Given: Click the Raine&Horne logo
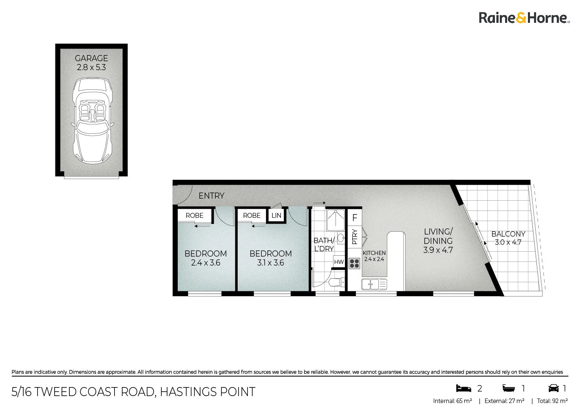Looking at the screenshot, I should pyautogui.click(x=524, y=18).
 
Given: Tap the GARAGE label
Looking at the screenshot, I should pyautogui.click(x=91, y=58).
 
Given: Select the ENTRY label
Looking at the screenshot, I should pyautogui.click(x=211, y=196).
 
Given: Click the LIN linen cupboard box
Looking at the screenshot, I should pyautogui.click(x=276, y=215).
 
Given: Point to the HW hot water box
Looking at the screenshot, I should pyautogui.click(x=339, y=262).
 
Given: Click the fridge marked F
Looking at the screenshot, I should pyautogui.click(x=355, y=218).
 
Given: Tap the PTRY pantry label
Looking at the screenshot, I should pyautogui.click(x=354, y=237).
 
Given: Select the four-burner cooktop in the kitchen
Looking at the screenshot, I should pyautogui.click(x=354, y=263).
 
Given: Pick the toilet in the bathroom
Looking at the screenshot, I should pyautogui.click(x=337, y=283).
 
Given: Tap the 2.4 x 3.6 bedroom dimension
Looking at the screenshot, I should pyautogui.click(x=205, y=263).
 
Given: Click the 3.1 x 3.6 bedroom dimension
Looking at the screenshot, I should pyautogui.click(x=271, y=263).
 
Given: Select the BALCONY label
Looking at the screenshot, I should pyautogui.click(x=508, y=234).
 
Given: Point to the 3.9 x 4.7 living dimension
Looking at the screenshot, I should pyautogui.click(x=438, y=250).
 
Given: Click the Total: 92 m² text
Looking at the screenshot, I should pyautogui.click(x=552, y=401).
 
